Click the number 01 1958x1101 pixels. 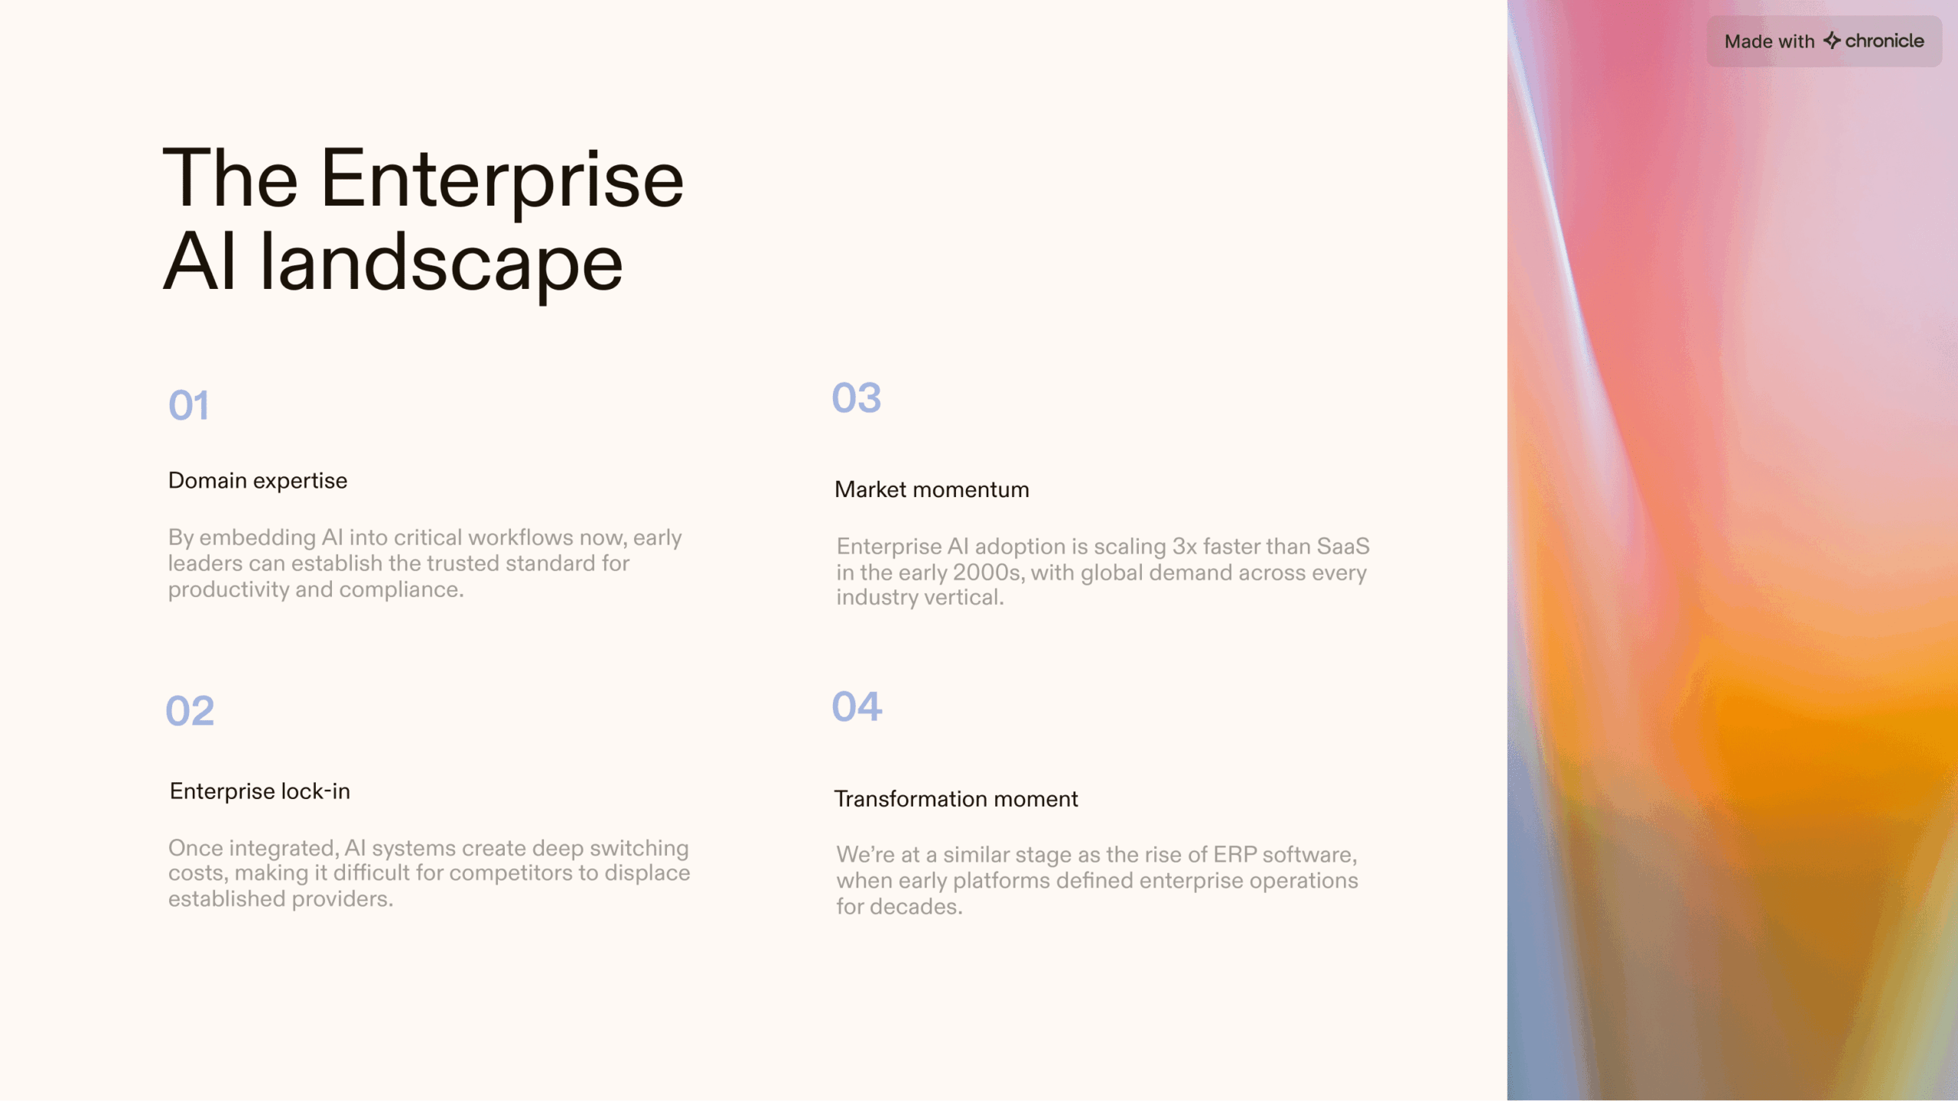[x=188, y=405]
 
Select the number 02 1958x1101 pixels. [x=190, y=711]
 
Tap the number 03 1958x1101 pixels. [x=857, y=398]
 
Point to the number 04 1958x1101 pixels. [x=857, y=706]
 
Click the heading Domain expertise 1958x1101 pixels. [x=258, y=481]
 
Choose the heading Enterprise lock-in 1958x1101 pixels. [x=260, y=791]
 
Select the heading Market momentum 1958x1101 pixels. [x=932, y=490]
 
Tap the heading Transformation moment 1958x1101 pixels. [x=956, y=799]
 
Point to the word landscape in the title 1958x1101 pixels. [x=441, y=264]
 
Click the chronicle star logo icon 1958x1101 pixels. [x=1832, y=41]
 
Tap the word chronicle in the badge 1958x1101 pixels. [x=1885, y=41]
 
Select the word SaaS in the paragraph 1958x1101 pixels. [x=1343, y=547]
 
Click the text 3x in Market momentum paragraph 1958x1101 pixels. [x=1185, y=547]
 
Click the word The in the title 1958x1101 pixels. [x=230, y=179]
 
